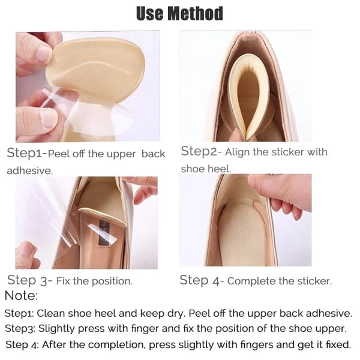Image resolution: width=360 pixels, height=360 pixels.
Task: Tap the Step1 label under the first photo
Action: coord(25,153)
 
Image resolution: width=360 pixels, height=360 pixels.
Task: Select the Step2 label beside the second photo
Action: coord(200,151)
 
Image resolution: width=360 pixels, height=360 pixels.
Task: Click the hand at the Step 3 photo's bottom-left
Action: coord(27,255)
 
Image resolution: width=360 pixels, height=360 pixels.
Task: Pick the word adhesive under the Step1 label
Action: coord(28,170)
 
